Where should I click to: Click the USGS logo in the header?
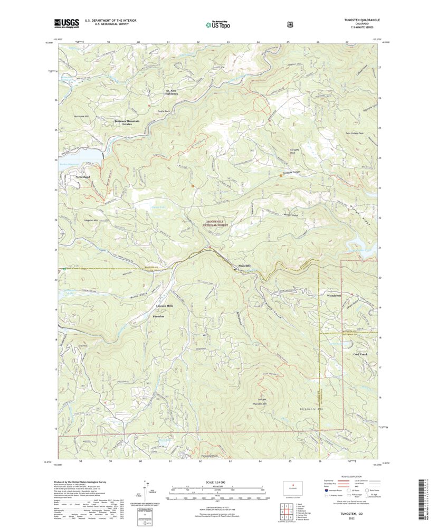66,23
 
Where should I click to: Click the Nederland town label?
83,176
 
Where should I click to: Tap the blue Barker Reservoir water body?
79,156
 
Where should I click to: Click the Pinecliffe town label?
245,265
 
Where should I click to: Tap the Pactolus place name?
158,316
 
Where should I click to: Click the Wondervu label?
335,295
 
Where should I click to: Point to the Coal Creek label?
360,354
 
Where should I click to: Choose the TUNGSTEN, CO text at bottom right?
345,513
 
